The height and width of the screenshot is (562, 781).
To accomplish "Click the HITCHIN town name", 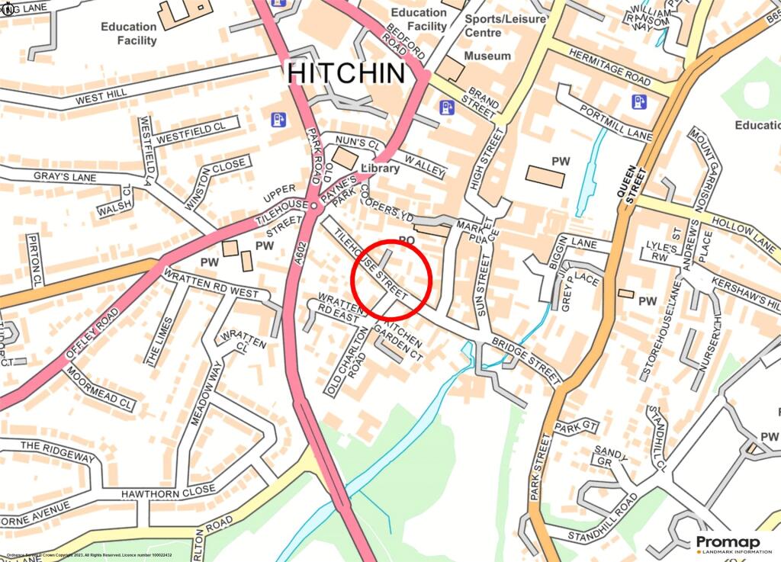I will tap(346, 73).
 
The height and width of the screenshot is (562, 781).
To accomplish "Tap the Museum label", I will tap(487, 56).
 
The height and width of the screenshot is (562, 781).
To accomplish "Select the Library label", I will tap(379, 168).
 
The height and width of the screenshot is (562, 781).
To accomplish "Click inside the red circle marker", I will tap(391, 278).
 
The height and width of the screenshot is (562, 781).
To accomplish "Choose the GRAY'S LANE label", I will tap(53, 176).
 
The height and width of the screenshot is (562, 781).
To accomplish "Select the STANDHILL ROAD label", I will tap(603, 516).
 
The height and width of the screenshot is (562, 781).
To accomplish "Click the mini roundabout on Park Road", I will tap(314, 206).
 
